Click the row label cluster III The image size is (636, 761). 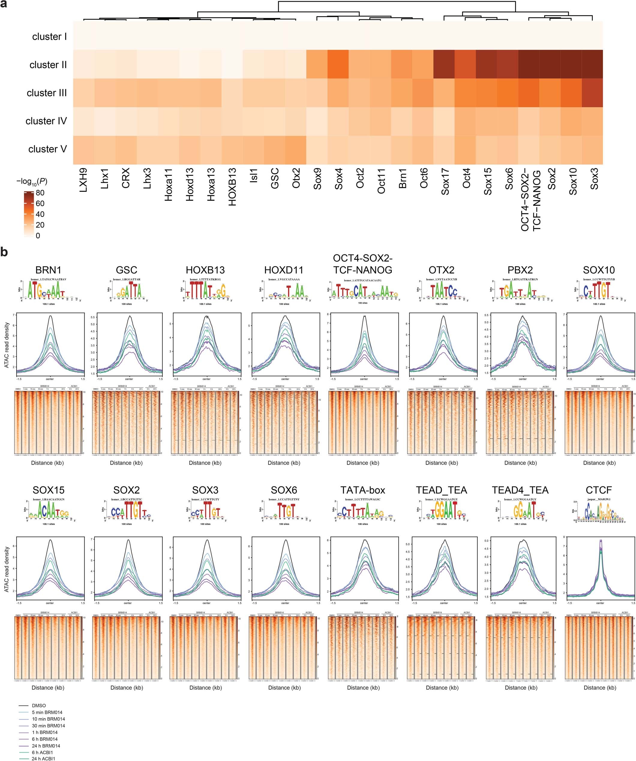point(46,93)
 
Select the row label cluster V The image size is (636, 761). point(47,149)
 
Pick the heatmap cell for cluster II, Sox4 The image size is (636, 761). point(338,64)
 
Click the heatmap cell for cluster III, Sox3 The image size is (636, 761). point(592,93)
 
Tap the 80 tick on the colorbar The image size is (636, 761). point(40,193)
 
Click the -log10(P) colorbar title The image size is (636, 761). point(32,181)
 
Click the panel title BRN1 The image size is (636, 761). point(48,270)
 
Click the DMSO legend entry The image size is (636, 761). point(38,706)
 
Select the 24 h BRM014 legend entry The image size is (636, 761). point(46,746)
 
